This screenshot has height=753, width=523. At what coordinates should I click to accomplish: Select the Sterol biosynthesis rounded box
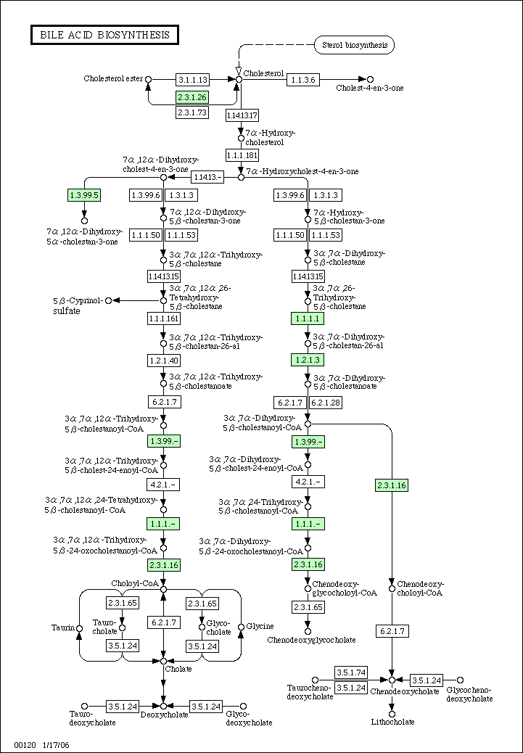tap(354, 45)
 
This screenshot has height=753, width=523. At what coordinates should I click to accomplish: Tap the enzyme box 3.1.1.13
tap(192, 79)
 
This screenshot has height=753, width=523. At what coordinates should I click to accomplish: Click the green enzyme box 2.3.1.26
tap(192, 97)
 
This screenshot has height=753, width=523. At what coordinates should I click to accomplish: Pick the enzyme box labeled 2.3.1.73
tap(192, 112)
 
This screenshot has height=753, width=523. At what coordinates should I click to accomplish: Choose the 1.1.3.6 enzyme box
tap(303, 80)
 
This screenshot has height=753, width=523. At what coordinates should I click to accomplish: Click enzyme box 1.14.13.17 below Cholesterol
tap(242, 115)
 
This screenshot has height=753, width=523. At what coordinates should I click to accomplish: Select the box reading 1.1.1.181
tap(242, 155)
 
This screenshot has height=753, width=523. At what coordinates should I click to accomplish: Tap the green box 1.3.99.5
tap(85, 194)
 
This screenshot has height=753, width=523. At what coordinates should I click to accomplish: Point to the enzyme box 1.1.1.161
tap(163, 318)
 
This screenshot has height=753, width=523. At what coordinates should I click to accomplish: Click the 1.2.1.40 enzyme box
tap(163, 360)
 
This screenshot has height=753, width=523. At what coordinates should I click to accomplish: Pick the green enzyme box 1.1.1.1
tap(308, 318)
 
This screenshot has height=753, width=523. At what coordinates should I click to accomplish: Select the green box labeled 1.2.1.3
tap(308, 360)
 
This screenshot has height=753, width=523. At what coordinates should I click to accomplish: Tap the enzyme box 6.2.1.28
tap(326, 403)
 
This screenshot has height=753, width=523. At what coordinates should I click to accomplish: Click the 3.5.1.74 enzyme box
tap(350, 672)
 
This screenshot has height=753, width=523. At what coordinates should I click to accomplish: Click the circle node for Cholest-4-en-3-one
tap(370, 79)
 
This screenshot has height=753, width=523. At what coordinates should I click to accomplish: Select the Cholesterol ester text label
tap(113, 78)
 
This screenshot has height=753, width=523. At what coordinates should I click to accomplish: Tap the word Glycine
tap(260, 626)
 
